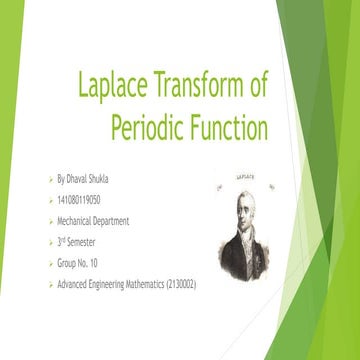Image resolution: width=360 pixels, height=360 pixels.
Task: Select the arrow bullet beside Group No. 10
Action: tap(50, 263)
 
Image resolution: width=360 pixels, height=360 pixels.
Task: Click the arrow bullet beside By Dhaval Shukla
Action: tap(50, 179)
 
